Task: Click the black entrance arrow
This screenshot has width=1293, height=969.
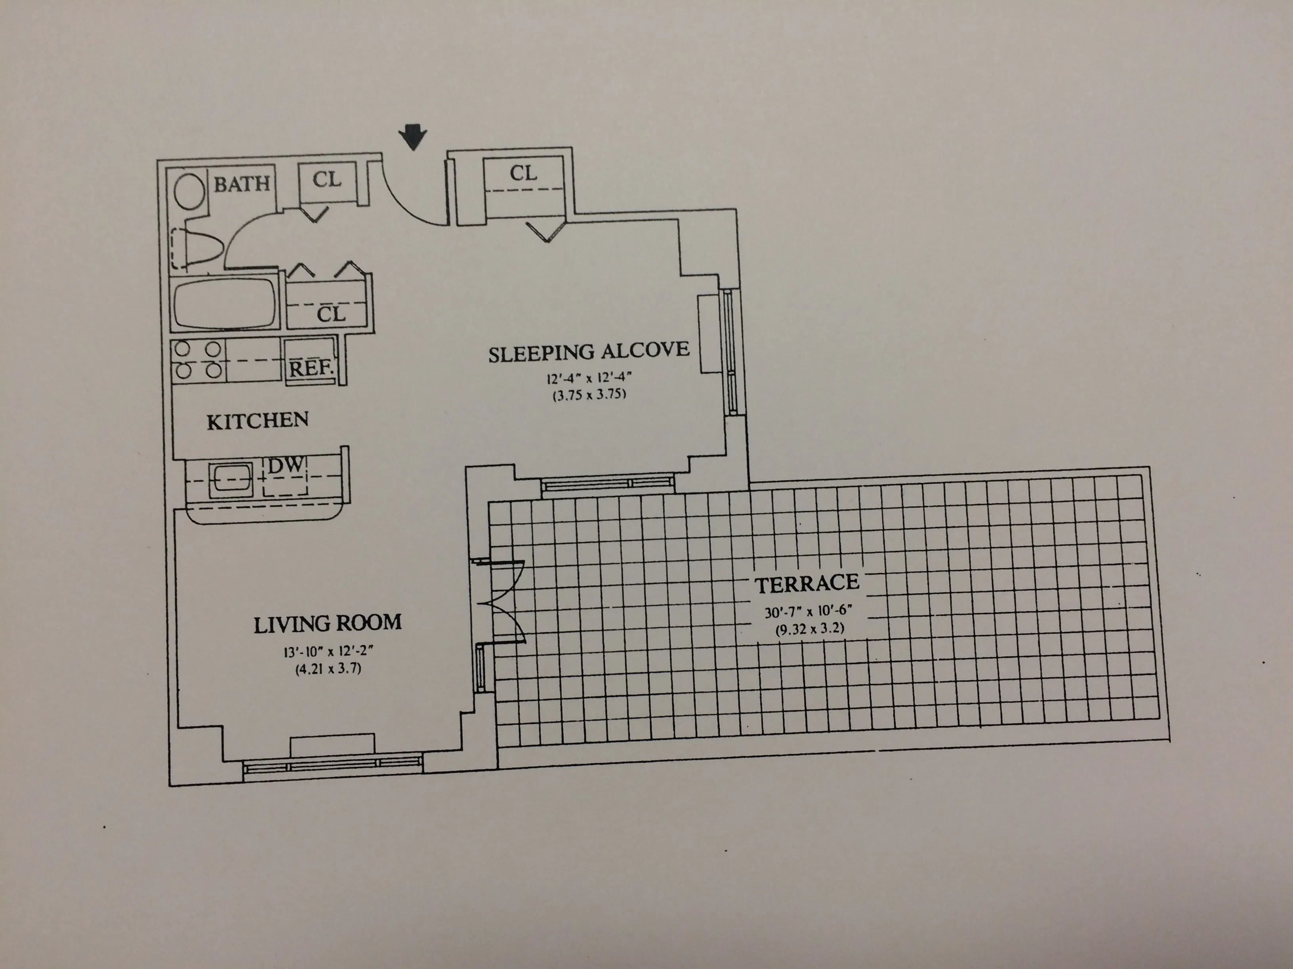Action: tap(413, 137)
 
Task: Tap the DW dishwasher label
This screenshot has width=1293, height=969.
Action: tap(286, 465)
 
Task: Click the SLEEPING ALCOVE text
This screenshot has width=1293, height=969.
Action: tap(589, 352)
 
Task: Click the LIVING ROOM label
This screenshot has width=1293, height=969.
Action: tap(327, 624)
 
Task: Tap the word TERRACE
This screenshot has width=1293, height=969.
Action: tap(806, 583)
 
